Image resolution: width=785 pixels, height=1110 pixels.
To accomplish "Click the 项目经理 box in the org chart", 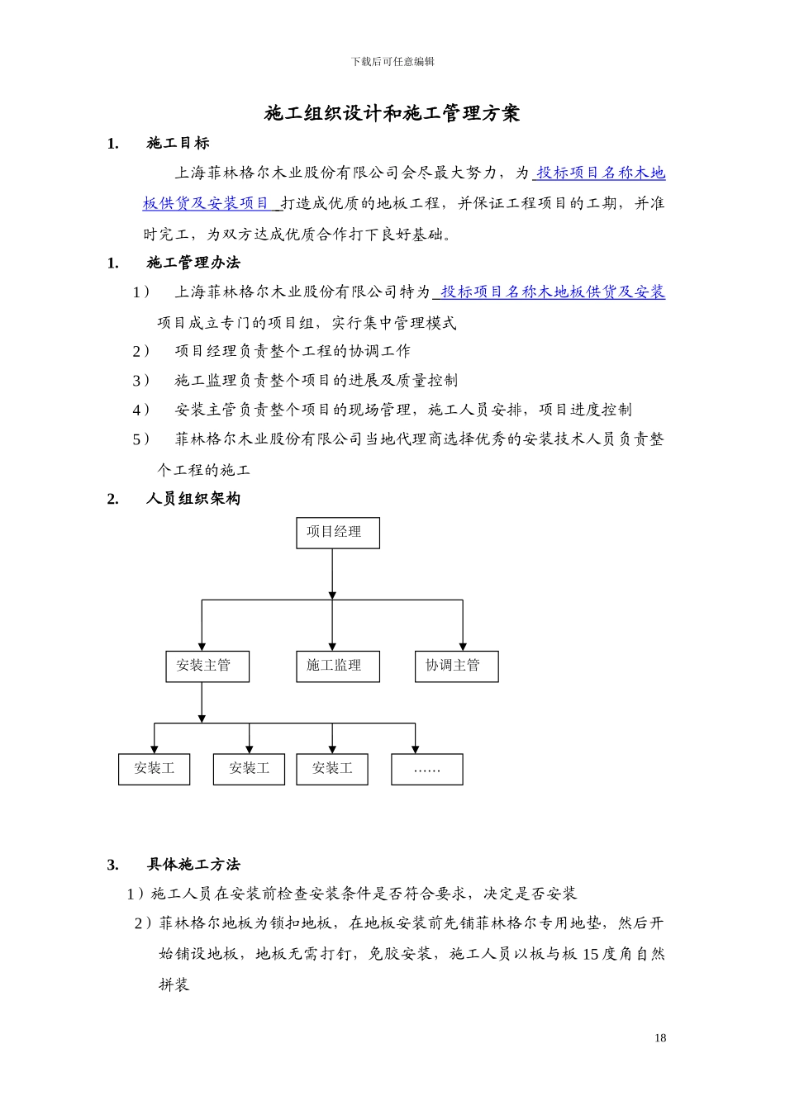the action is [338, 533].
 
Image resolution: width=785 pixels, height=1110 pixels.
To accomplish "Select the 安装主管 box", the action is [207, 666].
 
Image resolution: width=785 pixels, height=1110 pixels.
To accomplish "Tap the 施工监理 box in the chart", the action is [338, 666].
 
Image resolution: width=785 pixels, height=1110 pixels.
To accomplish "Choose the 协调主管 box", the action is [456, 666].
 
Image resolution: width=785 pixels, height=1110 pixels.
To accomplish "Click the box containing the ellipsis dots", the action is [426, 769].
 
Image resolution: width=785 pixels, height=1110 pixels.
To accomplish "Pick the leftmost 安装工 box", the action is [154, 769].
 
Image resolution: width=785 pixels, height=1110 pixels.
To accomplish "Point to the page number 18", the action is [660, 1038].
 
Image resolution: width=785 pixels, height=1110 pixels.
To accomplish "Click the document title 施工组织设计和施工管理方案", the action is [392, 114].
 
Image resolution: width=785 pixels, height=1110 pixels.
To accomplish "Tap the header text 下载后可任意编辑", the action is [392, 62].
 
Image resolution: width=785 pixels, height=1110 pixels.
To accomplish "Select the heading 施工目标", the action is [178, 144].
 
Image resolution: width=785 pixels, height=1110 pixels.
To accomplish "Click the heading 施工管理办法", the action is [193, 263].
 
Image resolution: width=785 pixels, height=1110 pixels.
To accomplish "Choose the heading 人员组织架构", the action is [193, 499].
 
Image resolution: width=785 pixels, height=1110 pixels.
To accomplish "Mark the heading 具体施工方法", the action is [193, 865].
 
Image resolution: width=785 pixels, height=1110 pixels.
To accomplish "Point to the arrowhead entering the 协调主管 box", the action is [463, 646].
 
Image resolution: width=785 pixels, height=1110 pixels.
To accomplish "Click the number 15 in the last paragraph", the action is [591, 955].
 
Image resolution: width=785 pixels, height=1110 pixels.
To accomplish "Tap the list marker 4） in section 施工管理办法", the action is [141, 410].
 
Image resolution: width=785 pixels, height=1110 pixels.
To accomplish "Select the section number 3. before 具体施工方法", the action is [113, 865].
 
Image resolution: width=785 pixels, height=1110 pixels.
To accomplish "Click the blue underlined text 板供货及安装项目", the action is [207, 203].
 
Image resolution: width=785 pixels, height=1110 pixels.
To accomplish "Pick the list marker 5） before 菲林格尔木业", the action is [141, 439].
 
